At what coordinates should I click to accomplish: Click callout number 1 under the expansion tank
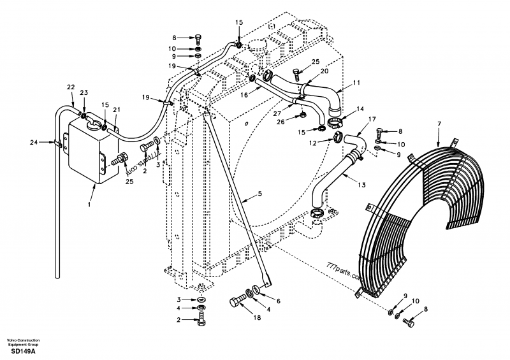point(90,205)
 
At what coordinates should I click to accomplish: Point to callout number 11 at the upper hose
point(357,82)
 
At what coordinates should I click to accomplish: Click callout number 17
point(372,119)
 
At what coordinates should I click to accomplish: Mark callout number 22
point(71,87)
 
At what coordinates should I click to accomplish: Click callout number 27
point(278,114)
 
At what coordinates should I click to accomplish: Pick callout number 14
point(360,109)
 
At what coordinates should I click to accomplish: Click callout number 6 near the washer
point(277,301)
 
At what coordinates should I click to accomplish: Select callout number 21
point(117,110)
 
